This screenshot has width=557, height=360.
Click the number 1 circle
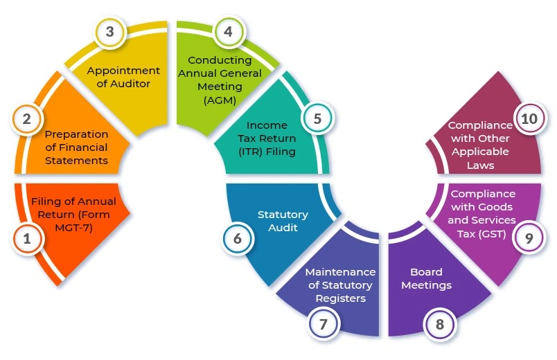click(27, 240)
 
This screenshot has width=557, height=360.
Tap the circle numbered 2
click(27, 119)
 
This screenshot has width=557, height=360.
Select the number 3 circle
click(109, 33)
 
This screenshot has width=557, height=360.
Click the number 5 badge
click(317, 118)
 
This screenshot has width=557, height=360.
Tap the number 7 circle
click(324, 323)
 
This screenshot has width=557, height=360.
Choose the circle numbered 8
click(440, 323)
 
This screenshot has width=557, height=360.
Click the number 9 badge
click(529, 238)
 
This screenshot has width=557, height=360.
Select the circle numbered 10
click(529, 119)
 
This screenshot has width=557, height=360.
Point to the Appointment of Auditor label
click(123, 77)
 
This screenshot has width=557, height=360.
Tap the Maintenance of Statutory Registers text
click(340, 285)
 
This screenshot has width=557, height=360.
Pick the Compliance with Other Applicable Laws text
click(479, 145)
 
